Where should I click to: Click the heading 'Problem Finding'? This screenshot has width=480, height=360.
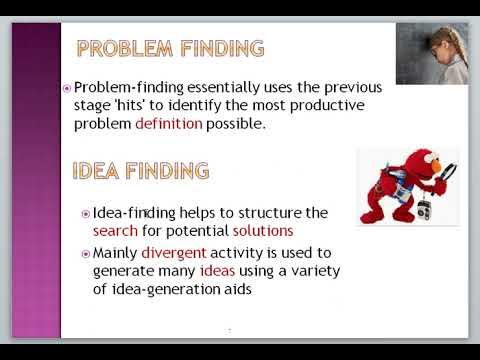[170, 48]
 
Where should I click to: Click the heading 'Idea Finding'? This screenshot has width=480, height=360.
[141, 170]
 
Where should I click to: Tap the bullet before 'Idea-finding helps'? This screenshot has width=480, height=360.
[86, 213]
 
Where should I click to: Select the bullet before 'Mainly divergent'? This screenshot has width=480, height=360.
[86, 253]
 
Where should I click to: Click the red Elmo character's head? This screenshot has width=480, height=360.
[392, 165]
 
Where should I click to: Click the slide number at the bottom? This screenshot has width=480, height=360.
[229, 330]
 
